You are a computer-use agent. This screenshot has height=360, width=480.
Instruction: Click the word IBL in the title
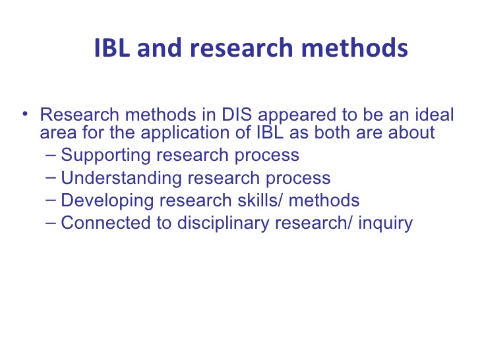[x=112, y=47]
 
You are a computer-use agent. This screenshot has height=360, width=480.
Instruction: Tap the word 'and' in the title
[x=159, y=47]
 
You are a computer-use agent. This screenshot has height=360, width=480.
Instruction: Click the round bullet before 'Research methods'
[x=25, y=114]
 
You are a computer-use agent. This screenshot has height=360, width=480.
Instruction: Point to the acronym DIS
[x=237, y=115]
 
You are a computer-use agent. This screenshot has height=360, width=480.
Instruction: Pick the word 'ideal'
[x=435, y=114]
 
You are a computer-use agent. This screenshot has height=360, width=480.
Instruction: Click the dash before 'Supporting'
[x=51, y=155]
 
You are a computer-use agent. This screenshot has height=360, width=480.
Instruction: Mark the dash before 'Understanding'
[x=51, y=177]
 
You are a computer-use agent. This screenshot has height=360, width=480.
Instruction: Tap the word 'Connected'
[x=105, y=223]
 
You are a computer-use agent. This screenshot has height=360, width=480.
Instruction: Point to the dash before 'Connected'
[x=51, y=223]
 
